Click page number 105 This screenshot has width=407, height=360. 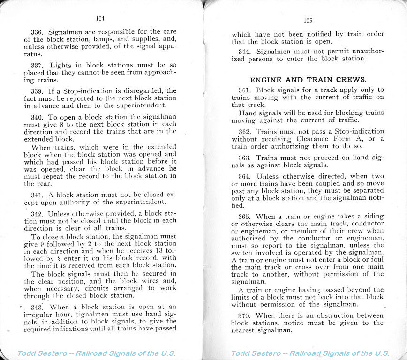tap(308, 20)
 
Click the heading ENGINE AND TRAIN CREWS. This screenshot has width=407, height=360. tap(308, 80)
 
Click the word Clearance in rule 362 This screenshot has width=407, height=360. tap(313, 139)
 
